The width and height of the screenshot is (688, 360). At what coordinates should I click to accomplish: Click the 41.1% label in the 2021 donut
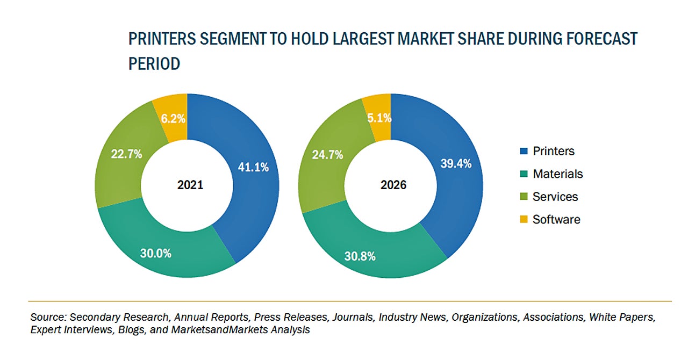(253, 167)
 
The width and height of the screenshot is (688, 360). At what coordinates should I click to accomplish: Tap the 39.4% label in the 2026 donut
(456, 164)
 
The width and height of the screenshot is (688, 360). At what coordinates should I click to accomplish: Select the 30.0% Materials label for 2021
(156, 253)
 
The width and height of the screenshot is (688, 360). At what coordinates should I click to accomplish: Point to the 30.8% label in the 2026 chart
(360, 256)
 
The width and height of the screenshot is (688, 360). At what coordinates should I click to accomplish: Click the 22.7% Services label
(127, 154)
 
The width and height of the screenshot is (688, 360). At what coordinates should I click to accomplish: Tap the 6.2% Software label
(171, 118)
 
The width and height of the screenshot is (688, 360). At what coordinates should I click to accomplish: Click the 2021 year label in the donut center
(190, 185)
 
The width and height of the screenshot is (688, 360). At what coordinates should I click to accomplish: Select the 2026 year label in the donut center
(393, 185)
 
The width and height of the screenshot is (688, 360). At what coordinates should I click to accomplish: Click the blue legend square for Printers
(524, 151)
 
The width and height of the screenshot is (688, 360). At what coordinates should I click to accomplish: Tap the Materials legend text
(557, 174)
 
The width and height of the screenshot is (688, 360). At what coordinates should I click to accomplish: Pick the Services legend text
(555, 197)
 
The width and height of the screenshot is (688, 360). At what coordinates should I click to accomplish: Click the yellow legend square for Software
(524, 219)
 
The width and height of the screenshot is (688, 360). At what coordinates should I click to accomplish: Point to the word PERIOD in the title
(154, 64)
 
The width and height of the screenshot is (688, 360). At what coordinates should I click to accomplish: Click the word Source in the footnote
(47, 317)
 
